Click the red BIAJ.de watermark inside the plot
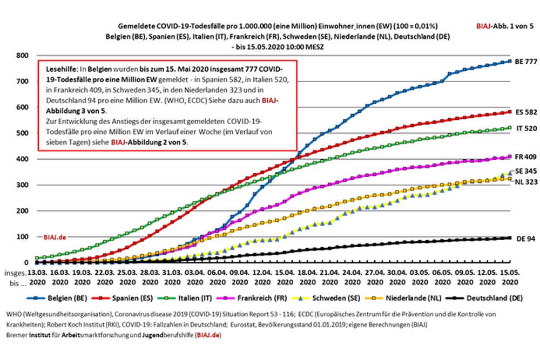coord(56,237)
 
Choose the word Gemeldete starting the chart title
coord(133,25)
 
